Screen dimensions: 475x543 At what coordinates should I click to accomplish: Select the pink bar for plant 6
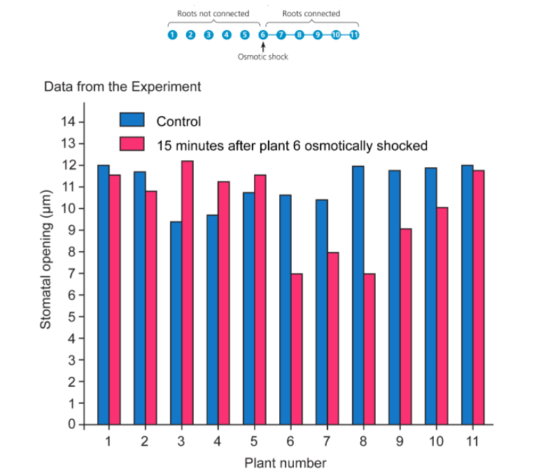click(x=297, y=349)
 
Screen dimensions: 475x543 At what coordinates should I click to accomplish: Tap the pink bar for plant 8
click(x=369, y=349)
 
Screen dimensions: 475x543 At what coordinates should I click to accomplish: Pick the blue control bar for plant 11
click(x=467, y=295)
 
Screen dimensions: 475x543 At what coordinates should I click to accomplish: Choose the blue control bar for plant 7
click(x=322, y=312)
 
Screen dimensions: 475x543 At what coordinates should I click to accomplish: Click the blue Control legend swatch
click(x=132, y=121)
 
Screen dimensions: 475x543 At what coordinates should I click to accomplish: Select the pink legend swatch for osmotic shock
click(x=132, y=145)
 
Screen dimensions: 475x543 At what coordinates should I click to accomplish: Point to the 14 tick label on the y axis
click(x=67, y=122)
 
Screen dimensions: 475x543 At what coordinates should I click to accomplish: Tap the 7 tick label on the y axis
click(x=71, y=274)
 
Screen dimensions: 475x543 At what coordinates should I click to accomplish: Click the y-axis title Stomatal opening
click(x=45, y=259)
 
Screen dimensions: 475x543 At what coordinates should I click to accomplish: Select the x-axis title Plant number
click(x=285, y=462)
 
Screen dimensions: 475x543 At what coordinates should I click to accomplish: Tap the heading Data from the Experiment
click(x=122, y=87)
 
